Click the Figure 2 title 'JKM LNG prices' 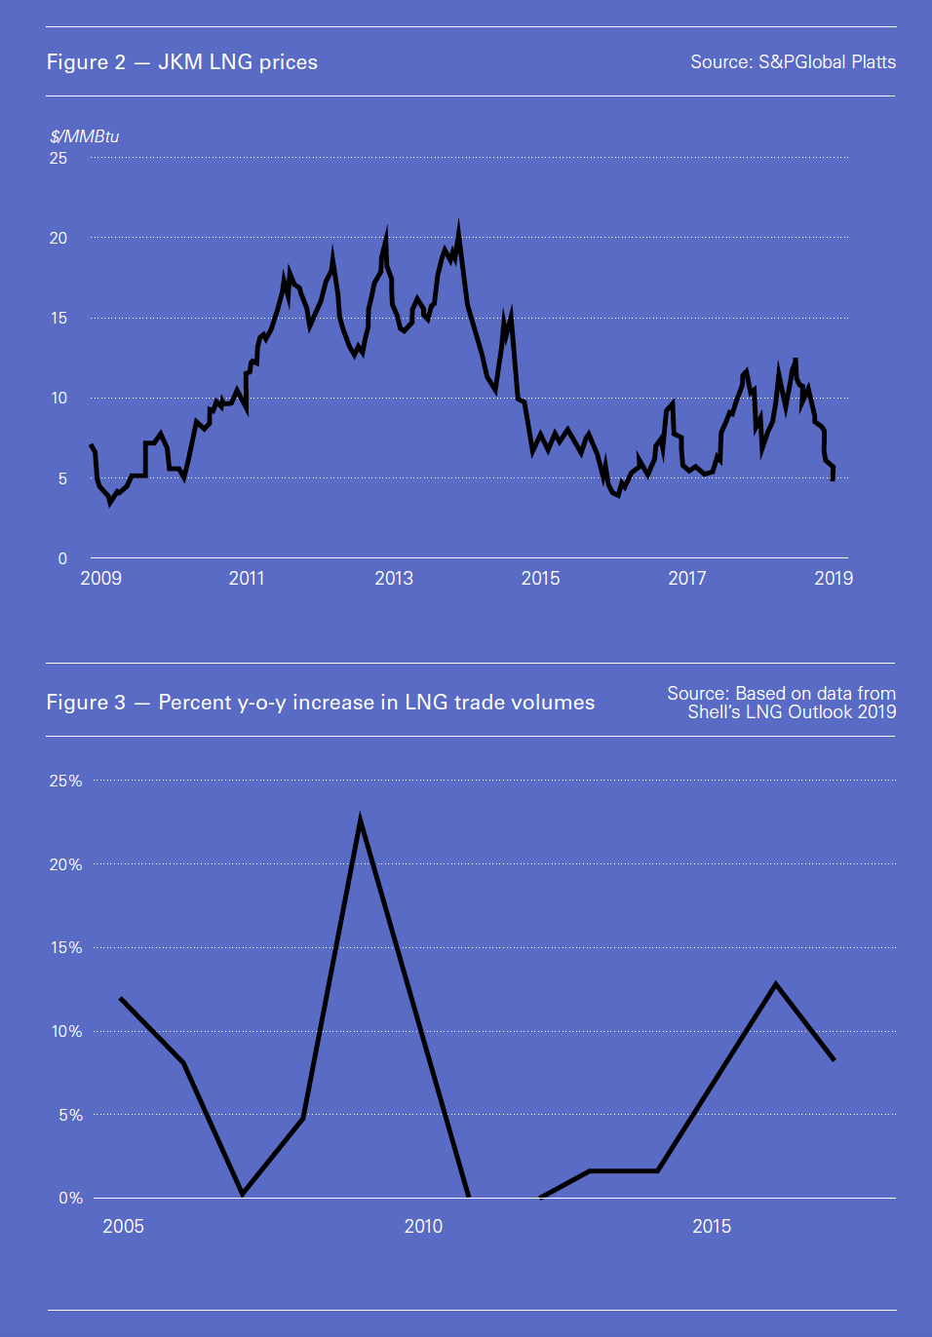pos(237,62)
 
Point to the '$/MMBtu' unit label pos(85,136)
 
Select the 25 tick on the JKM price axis pos(58,158)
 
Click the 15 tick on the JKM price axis pos(58,318)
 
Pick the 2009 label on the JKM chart pos(100,578)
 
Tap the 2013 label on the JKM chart pos(394,578)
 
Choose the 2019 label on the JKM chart pos(834,578)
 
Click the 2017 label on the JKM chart pos(687,578)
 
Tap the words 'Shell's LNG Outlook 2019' pos(792,712)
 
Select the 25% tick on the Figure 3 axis pos(66,781)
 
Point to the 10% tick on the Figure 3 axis pos(66,1031)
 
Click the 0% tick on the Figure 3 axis pos(70,1198)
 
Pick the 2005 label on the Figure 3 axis pos(123,1226)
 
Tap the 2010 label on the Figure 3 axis pos(423,1226)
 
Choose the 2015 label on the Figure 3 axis pos(712,1226)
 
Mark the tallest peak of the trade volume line pos(361,821)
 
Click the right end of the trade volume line pos(834,1059)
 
